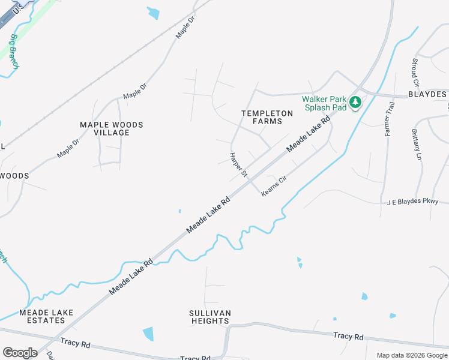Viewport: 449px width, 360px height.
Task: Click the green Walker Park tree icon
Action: pyautogui.click(x=355, y=103)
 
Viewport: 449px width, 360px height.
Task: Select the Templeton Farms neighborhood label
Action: pyautogui.click(x=267, y=117)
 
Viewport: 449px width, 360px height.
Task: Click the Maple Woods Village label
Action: pyautogui.click(x=112, y=128)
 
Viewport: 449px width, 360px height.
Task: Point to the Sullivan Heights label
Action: pyautogui.click(x=210, y=317)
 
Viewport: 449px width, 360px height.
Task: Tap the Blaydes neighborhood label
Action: pyautogui.click(x=427, y=94)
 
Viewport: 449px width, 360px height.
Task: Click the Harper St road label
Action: pyautogui.click(x=238, y=164)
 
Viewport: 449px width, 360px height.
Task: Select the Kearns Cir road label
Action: pyautogui.click(x=275, y=188)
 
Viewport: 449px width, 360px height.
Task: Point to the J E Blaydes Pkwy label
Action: pyautogui.click(x=413, y=202)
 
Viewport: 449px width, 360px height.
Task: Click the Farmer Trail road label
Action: pyautogui.click(x=388, y=119)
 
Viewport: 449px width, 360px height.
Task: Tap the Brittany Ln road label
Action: pyautogui.click(x=416, y=145)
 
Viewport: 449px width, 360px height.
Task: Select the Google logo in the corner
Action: pyautogui.click(x=20, y=353)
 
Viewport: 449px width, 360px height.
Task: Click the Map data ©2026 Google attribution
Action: pyautogui.click(x=412, y=355)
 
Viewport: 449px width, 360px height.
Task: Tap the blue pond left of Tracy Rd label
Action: pyautogui.click(x=148, y=334)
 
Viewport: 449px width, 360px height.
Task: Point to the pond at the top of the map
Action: pyautogui.click(x=154, y=13)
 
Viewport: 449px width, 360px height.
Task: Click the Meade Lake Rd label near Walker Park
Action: pyautogui.click(x=309, y=133)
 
